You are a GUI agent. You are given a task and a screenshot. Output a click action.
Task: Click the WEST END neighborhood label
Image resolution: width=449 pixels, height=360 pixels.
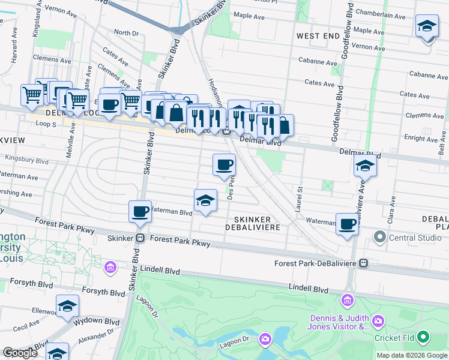(318, 37)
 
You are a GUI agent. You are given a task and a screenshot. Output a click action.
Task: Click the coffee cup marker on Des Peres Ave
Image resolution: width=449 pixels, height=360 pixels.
(224, 164)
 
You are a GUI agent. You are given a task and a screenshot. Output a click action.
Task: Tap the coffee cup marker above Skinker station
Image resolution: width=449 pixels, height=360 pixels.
(140, 211)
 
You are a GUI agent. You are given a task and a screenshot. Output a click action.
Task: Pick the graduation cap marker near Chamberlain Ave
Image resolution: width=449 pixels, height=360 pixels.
(427, 27)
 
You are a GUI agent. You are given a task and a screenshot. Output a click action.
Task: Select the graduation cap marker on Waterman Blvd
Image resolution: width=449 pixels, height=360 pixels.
(205, 200)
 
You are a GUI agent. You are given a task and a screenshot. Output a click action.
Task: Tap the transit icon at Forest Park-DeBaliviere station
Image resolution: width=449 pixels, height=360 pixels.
(363, 263)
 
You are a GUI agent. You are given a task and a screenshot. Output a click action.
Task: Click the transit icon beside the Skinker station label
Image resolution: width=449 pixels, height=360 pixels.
(139, 238)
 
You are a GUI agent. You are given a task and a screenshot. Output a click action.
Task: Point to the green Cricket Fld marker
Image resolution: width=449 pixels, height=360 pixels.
(424, 337)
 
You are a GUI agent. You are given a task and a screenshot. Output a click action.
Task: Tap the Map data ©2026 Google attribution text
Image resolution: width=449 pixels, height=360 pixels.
(411, 355)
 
